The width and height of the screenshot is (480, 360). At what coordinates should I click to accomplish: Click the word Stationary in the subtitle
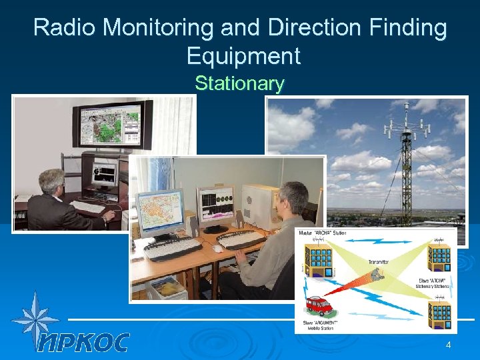[239, 83]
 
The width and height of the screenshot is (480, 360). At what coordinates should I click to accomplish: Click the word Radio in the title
[63, 28]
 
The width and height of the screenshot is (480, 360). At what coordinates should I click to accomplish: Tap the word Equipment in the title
[243, 55]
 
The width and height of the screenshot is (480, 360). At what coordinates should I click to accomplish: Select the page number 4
[448, 345]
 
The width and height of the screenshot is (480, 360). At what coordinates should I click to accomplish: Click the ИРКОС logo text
[83, 342]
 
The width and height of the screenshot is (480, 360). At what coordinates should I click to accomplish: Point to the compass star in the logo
[35, 319]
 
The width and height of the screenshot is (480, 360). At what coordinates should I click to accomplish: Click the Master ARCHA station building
[319, 259]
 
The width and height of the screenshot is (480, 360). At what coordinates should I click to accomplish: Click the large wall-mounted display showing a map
[112, 125]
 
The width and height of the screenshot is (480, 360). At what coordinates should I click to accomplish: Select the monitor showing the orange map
[160, 211]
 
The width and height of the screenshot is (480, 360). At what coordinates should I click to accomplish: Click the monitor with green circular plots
[215, 204]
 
